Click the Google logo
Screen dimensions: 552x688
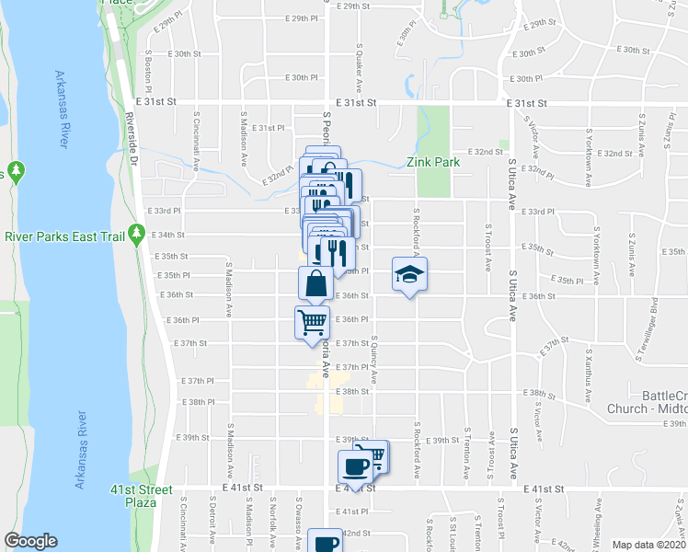pyautogui.click(x=30, y=541)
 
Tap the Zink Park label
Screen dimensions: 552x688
pyautogui.click(x=433, y=162)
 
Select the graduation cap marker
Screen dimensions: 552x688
pyautogui.click(x=409, y=274)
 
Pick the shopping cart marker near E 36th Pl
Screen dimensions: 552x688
pyautogui.click(x=312, y=323)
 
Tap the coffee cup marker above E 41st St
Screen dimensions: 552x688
pyautogui.click(x=356, y=467)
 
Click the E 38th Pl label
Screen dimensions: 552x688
pyautogui.click(x=198, y=402)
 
